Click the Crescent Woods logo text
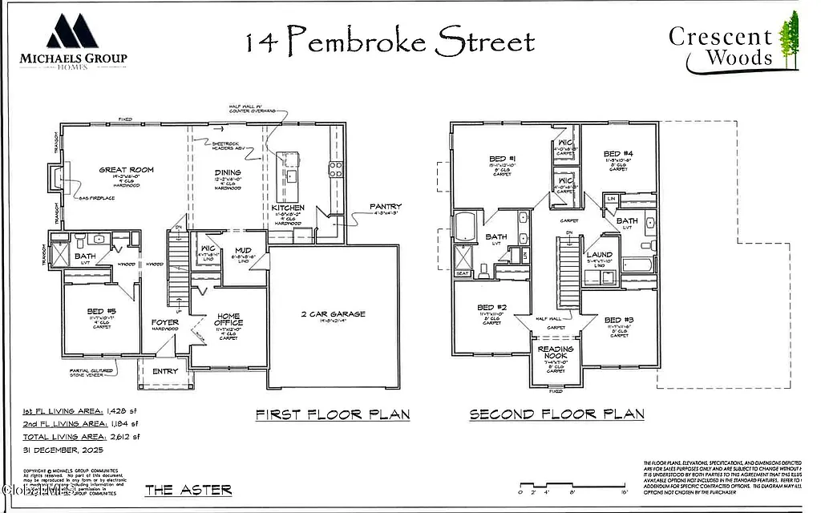click(721, 46)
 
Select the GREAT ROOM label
click(126, 170)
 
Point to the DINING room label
click(228, 172)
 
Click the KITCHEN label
click(288, 208)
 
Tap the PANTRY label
click(386, 207)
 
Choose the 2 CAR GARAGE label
click(333, 313)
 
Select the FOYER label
click(165, 322)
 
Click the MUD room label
click(243, 251)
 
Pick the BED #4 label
click(618, 153)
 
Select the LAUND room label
click(599, 255)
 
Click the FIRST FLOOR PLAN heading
click(333, 414)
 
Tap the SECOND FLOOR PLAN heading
click(556, 414)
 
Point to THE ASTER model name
click(188, 489)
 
